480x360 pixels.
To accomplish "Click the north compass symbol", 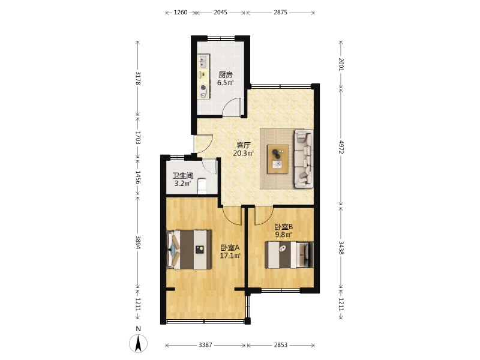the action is click(x=139, y=343).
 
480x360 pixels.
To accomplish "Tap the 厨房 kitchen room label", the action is click(x=226, y=74).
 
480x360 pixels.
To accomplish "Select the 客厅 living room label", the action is click(x=244, y=145).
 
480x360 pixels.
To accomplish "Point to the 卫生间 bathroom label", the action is click(x=183, y=176).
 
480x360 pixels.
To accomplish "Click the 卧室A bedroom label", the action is click(x=230, y=247).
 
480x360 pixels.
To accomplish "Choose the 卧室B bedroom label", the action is click(x=283, y=227).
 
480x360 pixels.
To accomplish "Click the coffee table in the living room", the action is click(x=278, y=159).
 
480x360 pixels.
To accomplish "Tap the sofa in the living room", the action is click(x=304, y=158).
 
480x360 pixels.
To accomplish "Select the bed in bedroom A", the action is click(x=189, y=250).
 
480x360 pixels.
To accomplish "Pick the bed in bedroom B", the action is click(x=289, y=255).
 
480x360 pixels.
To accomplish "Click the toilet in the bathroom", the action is click(x=202, y=186).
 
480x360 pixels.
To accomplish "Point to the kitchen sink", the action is click(x=203, y=61).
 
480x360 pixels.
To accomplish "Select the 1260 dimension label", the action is click(x=181, y=13).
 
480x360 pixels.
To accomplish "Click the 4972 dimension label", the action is click(x=341, y=147).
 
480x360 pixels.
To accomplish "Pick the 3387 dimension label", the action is click(x=205, y=345).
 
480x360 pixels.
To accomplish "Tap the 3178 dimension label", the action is click(x=138, y=78).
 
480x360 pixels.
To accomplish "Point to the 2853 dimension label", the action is click(x=280, y=345).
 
